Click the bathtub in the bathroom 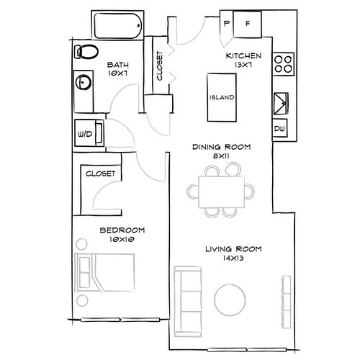(x=117, y=27)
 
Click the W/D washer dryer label (x=85, y=132)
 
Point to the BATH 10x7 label (x=117, y=68)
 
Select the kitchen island (x=220, y=98)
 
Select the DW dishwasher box (x=280, y=130)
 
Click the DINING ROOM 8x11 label (x=221, y=151)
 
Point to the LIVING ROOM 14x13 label (x=233, y=253)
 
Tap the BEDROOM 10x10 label (x=122, y=235)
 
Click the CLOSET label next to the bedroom (x=101, y=174)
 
